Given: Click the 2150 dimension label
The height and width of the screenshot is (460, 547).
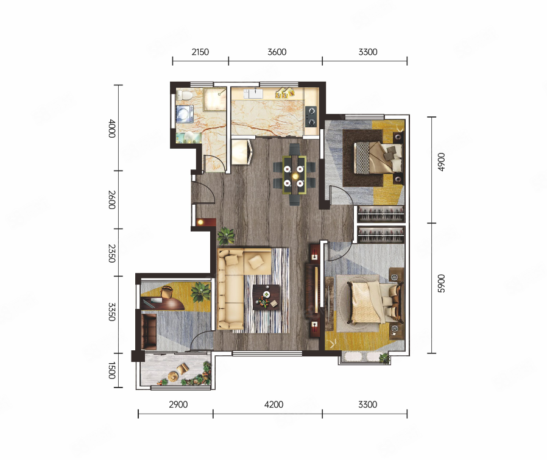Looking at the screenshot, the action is pyautogui.click(x=200, y=52).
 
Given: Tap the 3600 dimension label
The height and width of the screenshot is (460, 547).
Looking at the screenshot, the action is pyautogui.click(x=277, y=52).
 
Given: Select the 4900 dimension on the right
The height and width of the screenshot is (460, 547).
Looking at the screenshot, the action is pyautogui.click(x=441, y=162).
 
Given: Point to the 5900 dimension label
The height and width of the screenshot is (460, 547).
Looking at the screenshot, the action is pyautogui.click(x=441, y=283).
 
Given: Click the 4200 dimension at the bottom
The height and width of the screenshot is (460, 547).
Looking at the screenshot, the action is pyautogui.click(x=274, y=405).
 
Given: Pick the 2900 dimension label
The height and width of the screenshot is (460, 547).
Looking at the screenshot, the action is pyautogui.click(x=178, y=405).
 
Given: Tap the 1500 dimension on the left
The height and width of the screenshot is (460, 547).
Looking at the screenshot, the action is pyautogui.click(x=111, y=370).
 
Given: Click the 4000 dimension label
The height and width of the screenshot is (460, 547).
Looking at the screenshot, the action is pyautogui.click(x=111, y=129).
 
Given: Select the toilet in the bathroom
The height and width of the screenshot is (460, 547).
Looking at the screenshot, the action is pyautogui.click(x=184, y=95).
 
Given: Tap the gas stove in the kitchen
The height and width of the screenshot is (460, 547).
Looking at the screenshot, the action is pyautogui.click(x=311, y=116).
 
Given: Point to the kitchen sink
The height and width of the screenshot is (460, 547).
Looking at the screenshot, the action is pyautogui.click(x=254, y=94).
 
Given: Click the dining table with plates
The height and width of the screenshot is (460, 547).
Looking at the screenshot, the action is pyautogui.click(x=294, y=175).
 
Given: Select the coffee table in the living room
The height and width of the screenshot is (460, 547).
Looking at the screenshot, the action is pyautogui.click(x=266, y=297).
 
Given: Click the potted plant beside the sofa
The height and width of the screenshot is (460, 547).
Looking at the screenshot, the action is pyautogui.click(x=226, y=236).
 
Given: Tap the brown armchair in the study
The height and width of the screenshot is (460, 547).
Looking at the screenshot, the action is pyautogui.click(x=149, y=331).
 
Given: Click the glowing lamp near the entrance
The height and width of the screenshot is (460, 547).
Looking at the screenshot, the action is pyautogui.click(x=200, y=222).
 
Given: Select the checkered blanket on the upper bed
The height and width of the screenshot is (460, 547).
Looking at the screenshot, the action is pyautogui.click(x=362, y=158).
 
